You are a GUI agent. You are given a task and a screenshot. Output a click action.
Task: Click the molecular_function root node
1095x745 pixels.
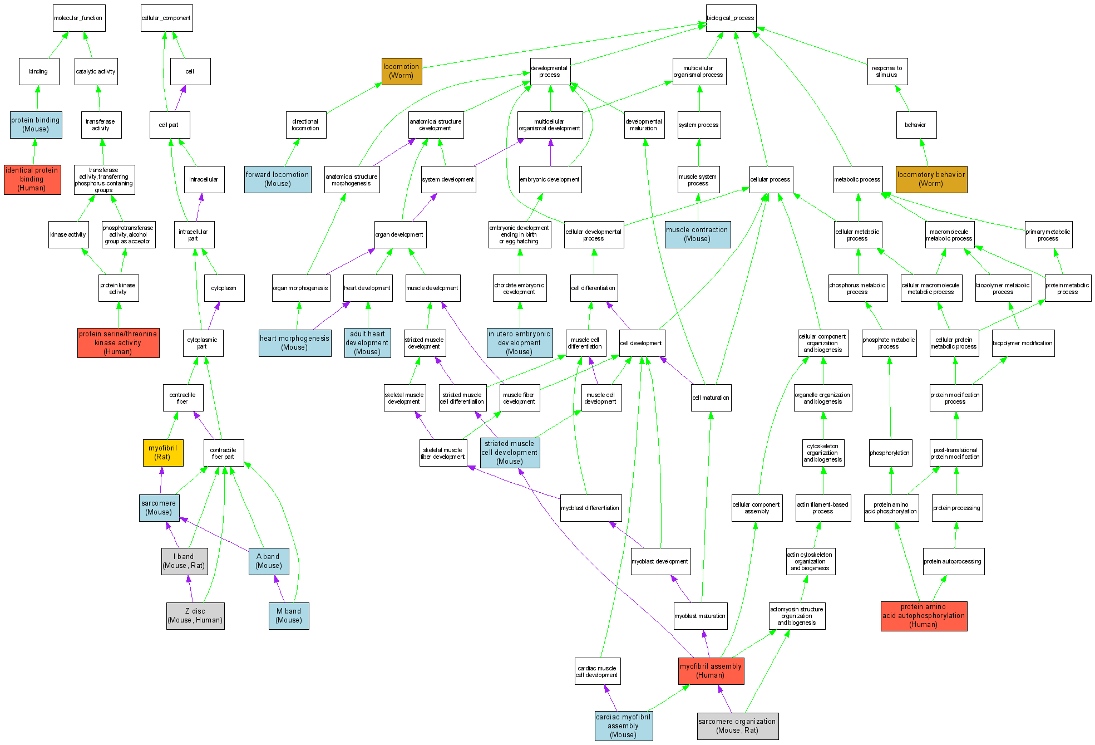(x=78, y=18)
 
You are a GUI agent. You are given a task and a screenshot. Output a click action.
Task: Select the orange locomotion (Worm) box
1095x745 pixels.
(x=402, y=71)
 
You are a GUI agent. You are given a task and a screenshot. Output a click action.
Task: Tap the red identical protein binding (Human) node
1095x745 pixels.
(x=32, y=179)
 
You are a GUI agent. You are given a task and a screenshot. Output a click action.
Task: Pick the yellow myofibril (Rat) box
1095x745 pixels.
(x=163, y=452)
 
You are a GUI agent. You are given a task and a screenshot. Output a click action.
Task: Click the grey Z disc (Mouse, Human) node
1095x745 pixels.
(x=195, y=616)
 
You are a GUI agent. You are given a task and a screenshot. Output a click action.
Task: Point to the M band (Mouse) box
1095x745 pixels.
(x=289, y=616)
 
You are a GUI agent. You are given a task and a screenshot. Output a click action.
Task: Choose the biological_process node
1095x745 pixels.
(x=731, y=18)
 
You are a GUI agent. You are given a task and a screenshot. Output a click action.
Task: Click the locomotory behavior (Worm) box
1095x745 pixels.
(x=931, y=179)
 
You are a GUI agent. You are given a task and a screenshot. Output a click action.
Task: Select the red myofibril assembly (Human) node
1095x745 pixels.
(x=711, y=670)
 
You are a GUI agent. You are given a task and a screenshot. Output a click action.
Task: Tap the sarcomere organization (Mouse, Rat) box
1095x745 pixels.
(x=737, y=726)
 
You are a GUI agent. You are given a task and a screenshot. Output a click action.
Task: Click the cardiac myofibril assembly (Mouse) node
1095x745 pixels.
(x=623, y=726)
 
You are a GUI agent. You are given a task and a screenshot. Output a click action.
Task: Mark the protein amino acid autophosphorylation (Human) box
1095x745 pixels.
(x=924, y=616)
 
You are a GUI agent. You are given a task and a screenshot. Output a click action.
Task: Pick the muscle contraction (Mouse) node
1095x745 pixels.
(x=697, y=234)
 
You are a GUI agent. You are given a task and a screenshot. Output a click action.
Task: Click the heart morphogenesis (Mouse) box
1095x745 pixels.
(x=295, y=343)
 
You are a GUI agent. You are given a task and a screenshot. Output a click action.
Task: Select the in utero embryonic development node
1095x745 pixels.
(x=520, y=343)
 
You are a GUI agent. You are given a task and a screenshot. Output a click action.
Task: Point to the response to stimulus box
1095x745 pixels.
(x=887, y=71)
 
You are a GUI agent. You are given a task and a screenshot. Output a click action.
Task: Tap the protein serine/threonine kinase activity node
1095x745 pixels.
(x=118, y=343)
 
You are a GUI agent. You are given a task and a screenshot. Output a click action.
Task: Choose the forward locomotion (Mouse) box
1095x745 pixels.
(x=278, y=179)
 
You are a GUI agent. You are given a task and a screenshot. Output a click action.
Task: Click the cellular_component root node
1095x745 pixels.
(x=166, y=18)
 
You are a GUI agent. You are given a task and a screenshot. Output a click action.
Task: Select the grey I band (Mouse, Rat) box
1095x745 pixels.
(x=184, y=561)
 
